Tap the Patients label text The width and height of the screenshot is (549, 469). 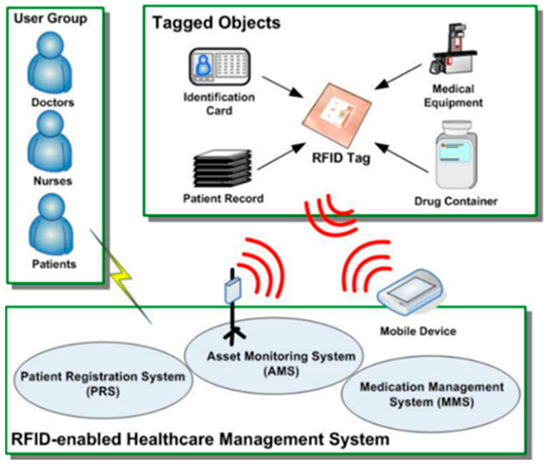tap(54, 264)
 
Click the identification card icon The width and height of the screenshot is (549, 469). tap(220, 66)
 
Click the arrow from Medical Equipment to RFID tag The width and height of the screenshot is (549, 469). tap(397, 77)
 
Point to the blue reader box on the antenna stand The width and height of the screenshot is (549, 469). tap(233, 291)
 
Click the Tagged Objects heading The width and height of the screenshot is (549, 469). tap(216, 23)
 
